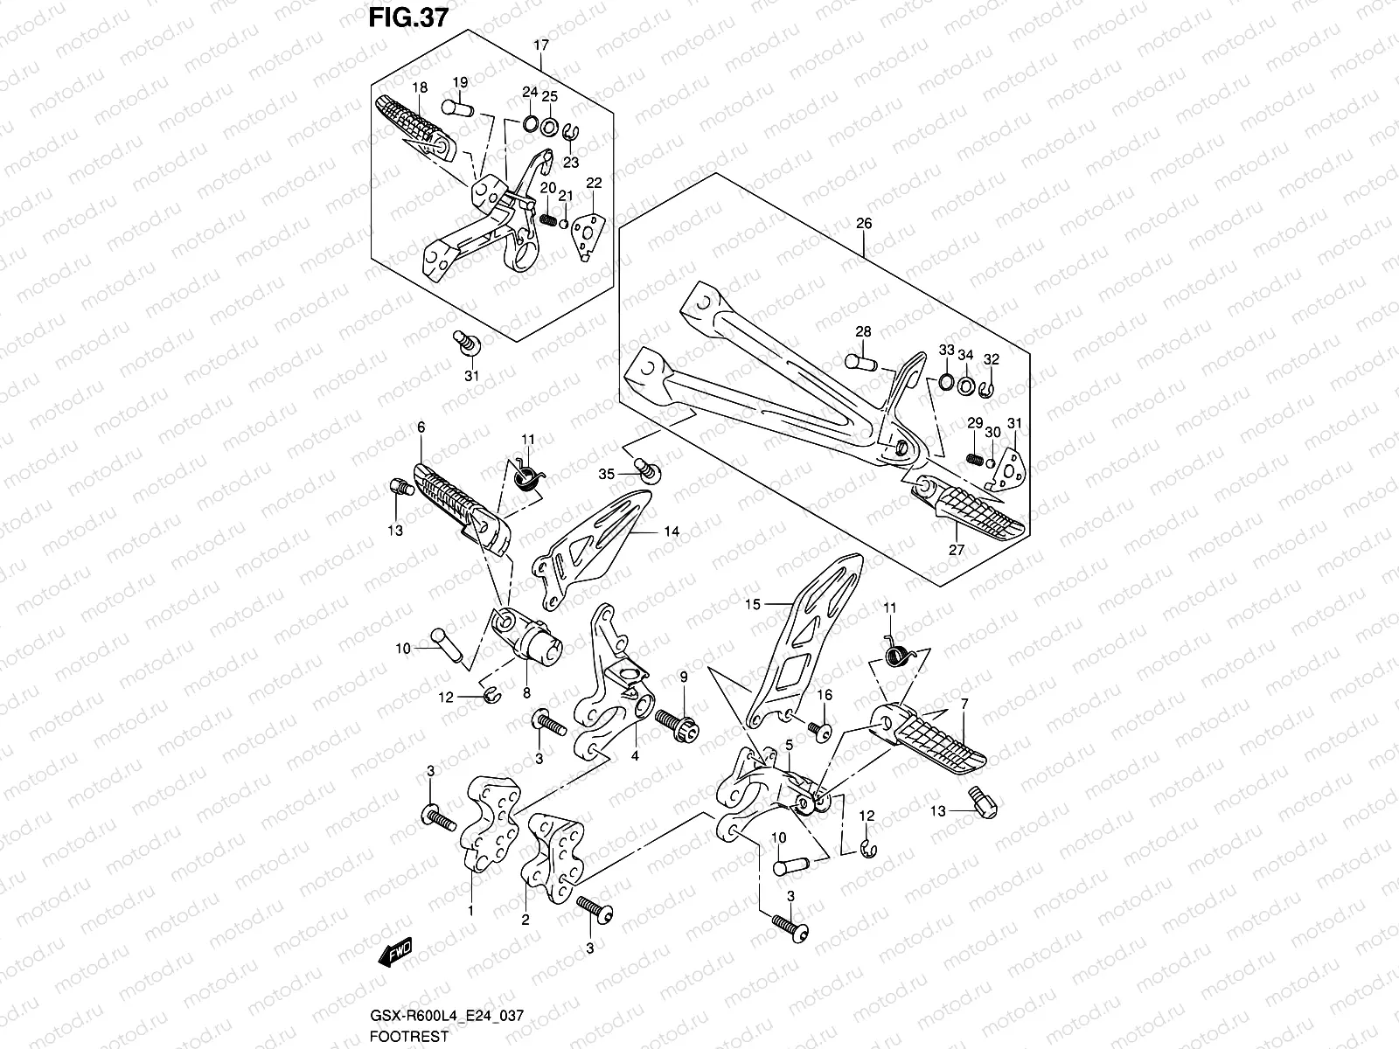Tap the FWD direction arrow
(394, 954)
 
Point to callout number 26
(863, 224)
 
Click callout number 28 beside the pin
(863, 332)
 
